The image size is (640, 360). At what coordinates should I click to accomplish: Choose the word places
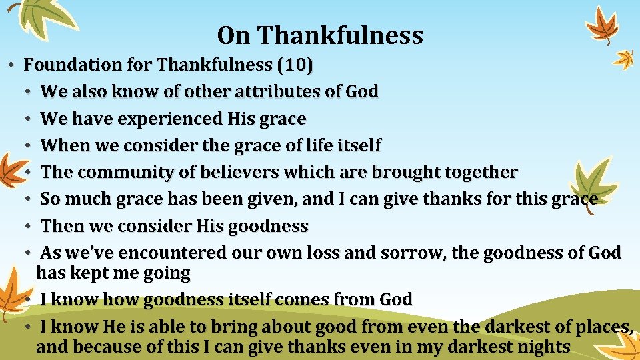click(603, 327)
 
